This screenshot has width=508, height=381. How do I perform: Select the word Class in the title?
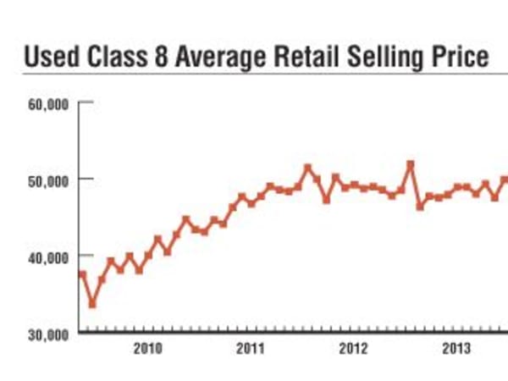[x=112, y=58]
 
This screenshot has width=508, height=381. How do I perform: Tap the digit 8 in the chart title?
[x=157, y=58]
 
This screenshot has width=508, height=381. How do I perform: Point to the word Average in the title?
[x=213, y=58]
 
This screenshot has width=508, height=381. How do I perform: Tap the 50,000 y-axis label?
[x=49, y=180]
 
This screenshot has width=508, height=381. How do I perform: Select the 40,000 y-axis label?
[x=49, y=257]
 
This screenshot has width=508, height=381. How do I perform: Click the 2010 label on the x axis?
[x=148, y=349]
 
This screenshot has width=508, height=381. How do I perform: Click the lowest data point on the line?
[x=92, y=304]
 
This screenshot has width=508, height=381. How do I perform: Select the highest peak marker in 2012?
[x=411, y=164]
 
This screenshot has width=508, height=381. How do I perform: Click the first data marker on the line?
[x=82, y=274]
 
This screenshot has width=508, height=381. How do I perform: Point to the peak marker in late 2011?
[x=307, y=168]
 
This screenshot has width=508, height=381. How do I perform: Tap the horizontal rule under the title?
[x=254, y=74]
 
